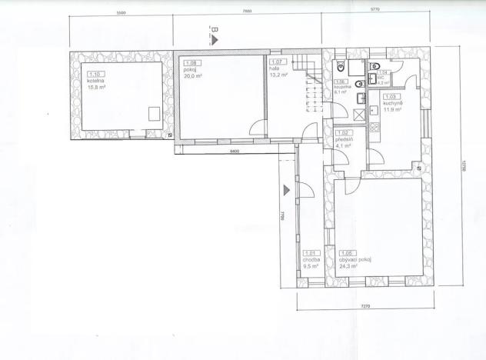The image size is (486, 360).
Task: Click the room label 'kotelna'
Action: click(95, 82)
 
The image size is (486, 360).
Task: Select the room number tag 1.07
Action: click(278, 62)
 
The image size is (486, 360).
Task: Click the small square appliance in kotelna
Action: click(154, 112)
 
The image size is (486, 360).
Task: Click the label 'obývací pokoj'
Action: click(356, 259)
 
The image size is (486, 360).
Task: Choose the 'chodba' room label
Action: click(312, 260)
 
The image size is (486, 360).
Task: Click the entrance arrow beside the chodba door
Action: click(286, 188)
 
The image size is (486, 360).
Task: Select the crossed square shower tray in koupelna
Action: click(358, 115)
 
